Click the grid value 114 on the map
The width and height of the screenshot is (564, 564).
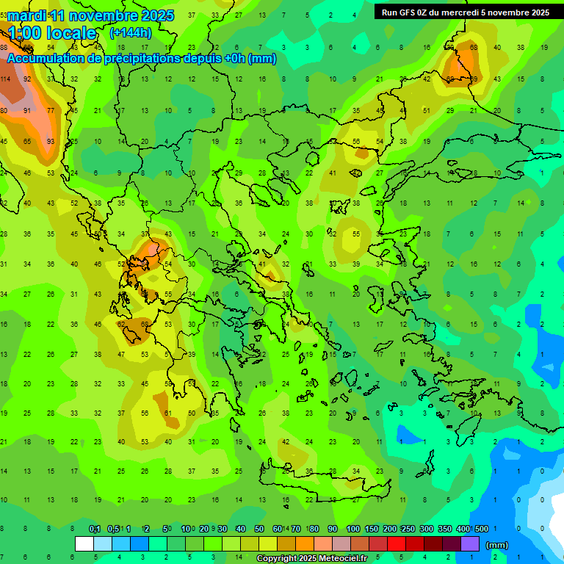tap(5, 79)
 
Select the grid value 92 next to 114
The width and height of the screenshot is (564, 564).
tap(27, 79)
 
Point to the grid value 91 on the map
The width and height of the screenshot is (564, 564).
tap(27, 111)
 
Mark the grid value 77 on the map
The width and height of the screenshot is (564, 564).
tap(51, 111)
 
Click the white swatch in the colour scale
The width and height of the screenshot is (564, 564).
tap(84, 544)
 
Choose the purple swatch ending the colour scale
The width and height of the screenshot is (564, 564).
tap(470, 544)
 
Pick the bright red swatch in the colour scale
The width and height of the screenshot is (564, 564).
tap(397, 544)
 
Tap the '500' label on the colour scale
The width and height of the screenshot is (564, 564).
tap(481, 529)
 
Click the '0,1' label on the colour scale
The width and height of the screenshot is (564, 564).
tap(95, 529)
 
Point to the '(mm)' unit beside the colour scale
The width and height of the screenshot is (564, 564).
tap(497, 546)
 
